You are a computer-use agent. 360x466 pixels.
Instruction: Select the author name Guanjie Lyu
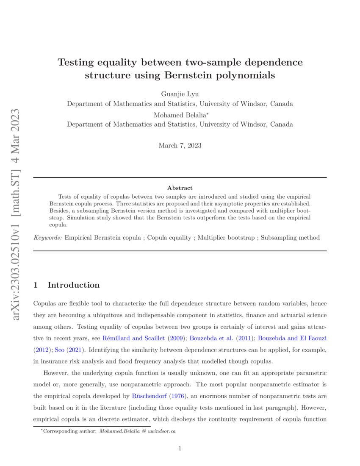[180, 94]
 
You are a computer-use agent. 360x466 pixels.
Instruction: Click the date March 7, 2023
[180, 146]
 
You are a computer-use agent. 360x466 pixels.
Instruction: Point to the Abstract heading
[180, 188]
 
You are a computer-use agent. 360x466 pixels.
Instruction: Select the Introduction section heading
[73, 285]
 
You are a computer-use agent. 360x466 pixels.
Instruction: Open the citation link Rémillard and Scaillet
[133, 338]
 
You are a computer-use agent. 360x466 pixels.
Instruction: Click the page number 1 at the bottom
[180, 449]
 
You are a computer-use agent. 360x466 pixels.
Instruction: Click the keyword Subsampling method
[291, 238]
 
